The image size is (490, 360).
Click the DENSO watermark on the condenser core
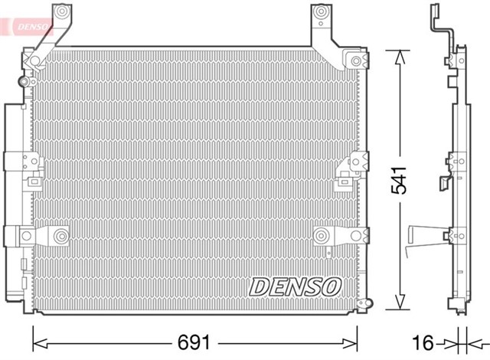point(295,286)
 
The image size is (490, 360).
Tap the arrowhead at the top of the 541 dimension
point(397,55)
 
